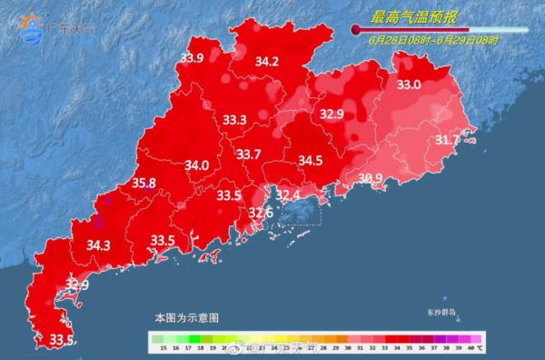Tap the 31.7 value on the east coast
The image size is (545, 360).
click(447, 140)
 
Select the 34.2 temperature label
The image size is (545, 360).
click(266, 62)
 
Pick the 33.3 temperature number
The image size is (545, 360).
click(235, 120)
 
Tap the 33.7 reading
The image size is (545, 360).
click(249, 155)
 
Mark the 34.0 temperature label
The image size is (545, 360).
click(196, 165)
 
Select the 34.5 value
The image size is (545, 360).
click(311, 161)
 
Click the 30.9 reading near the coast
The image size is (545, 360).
click(370, 178)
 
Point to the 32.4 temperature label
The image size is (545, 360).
click(288, 195)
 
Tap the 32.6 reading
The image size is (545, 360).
click(261, 213)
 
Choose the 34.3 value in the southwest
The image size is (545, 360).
click(98, 245)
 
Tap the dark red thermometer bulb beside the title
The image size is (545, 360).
click(356, 30)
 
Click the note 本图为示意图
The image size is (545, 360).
click(186, 318)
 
